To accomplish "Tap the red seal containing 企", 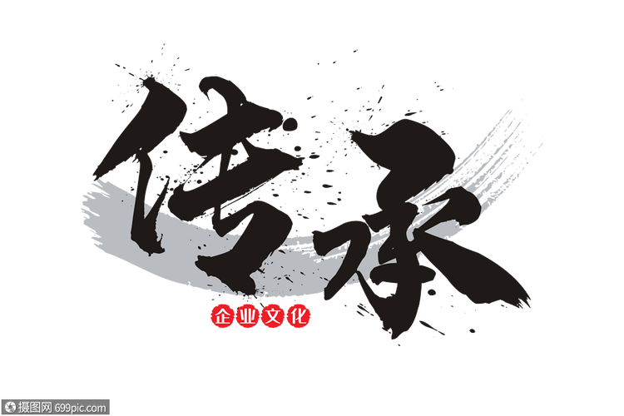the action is (x=222, y=316).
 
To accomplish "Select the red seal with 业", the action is (x=247, y=316).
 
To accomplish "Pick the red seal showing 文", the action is (x=273, y=316).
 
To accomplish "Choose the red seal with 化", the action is (x=298, y=316).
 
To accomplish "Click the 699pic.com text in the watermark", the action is (x=81, y=408).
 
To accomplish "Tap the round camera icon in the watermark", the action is (x=10, y=408).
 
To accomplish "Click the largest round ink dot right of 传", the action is (x=291, y=124).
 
